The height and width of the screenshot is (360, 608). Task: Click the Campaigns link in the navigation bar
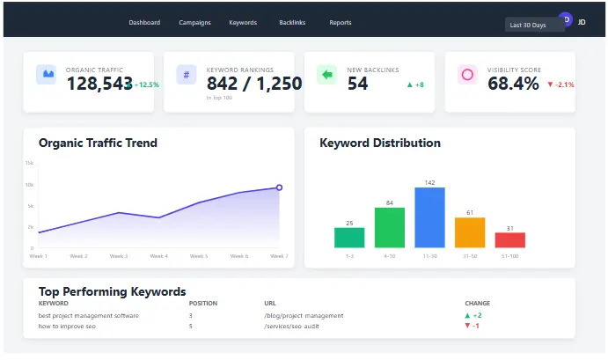(194, 23)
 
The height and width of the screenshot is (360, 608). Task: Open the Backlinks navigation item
(292, 23)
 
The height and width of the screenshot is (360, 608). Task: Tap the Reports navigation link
(341, 23)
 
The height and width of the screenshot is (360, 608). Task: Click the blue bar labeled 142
(429, 217)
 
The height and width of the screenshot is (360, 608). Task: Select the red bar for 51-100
(510, 240)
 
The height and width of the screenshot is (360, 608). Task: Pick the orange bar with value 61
(470, 232)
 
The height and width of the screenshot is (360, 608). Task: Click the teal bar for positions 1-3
(349, 238)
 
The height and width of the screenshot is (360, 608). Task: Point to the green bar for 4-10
(390, 228)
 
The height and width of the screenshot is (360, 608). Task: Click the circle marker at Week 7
(279, 187)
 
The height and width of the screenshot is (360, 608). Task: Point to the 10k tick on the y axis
(29, 185)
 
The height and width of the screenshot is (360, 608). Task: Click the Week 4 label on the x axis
(159, 256)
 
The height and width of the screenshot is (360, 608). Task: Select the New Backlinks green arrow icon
(327, 75)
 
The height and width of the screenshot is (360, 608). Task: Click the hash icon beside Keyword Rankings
(186, 75)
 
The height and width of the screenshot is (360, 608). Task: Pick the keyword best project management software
(88, 315)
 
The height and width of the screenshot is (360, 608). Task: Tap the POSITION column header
(202, 303)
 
